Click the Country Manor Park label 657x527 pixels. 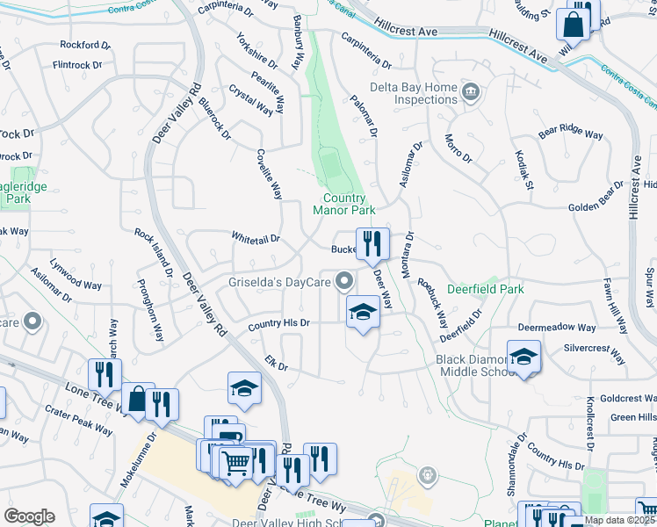pos(343,204)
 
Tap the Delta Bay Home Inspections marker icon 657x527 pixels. pos(471,91)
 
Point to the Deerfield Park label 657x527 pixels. pos(485,288)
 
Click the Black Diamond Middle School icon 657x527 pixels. pos(523,357)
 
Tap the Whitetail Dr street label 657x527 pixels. pos(255,237)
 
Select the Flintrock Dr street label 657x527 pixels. pos(78,64)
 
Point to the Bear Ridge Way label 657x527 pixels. pos(571,134)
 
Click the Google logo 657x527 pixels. pos(30,516)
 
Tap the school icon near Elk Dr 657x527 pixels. pos(244,386)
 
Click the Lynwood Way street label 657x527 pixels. pos(76,284)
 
